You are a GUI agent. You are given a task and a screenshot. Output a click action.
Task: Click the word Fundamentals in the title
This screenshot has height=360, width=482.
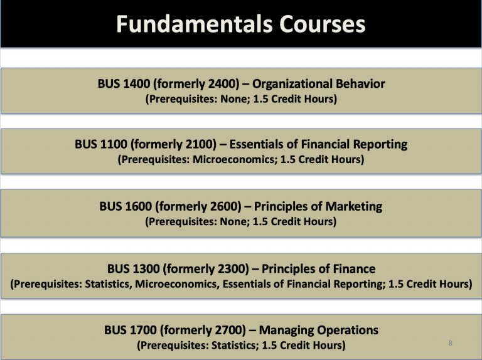182,24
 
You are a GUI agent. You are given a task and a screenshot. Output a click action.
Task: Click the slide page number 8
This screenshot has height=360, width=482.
451,343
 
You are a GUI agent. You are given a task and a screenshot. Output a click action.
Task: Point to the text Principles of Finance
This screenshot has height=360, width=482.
318,269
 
